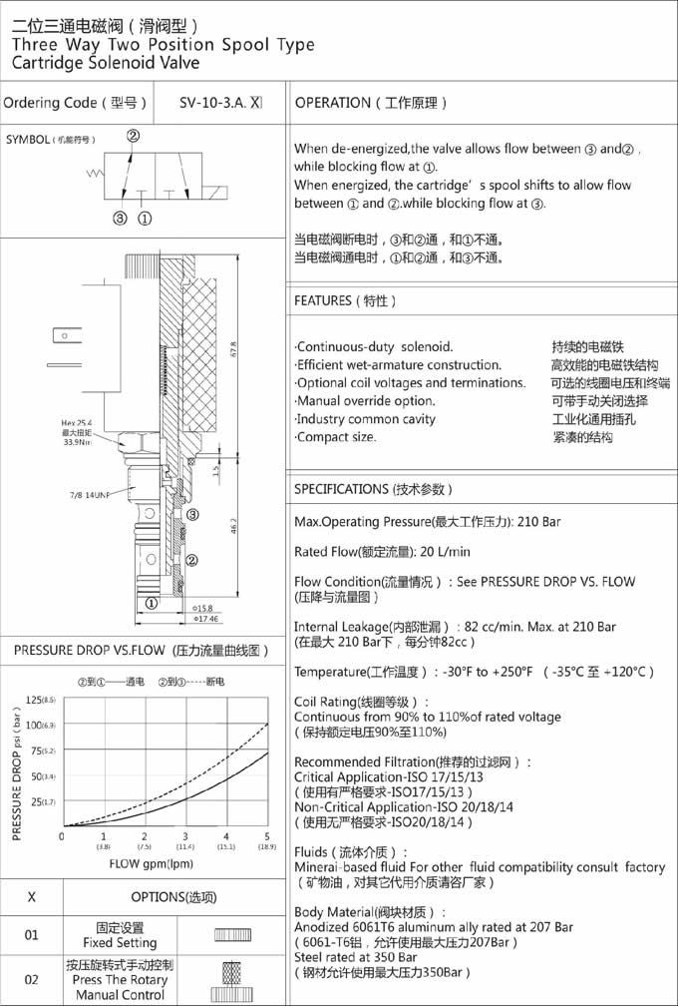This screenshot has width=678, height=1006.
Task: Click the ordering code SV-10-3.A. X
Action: tap(220, 103)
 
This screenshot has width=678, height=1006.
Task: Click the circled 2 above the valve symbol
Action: tap(132, 136)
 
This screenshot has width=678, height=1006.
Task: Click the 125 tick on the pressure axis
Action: tap(36, 700)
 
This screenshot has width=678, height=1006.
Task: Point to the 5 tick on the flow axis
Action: tap(267, 836)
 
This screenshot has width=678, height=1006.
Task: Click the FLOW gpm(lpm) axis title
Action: tap(152, 864)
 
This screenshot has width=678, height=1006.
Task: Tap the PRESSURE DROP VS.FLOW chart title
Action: tap(142, 651)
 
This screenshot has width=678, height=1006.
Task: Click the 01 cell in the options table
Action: tap(32, 935)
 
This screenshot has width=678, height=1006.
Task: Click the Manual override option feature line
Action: tap(365, 401)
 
